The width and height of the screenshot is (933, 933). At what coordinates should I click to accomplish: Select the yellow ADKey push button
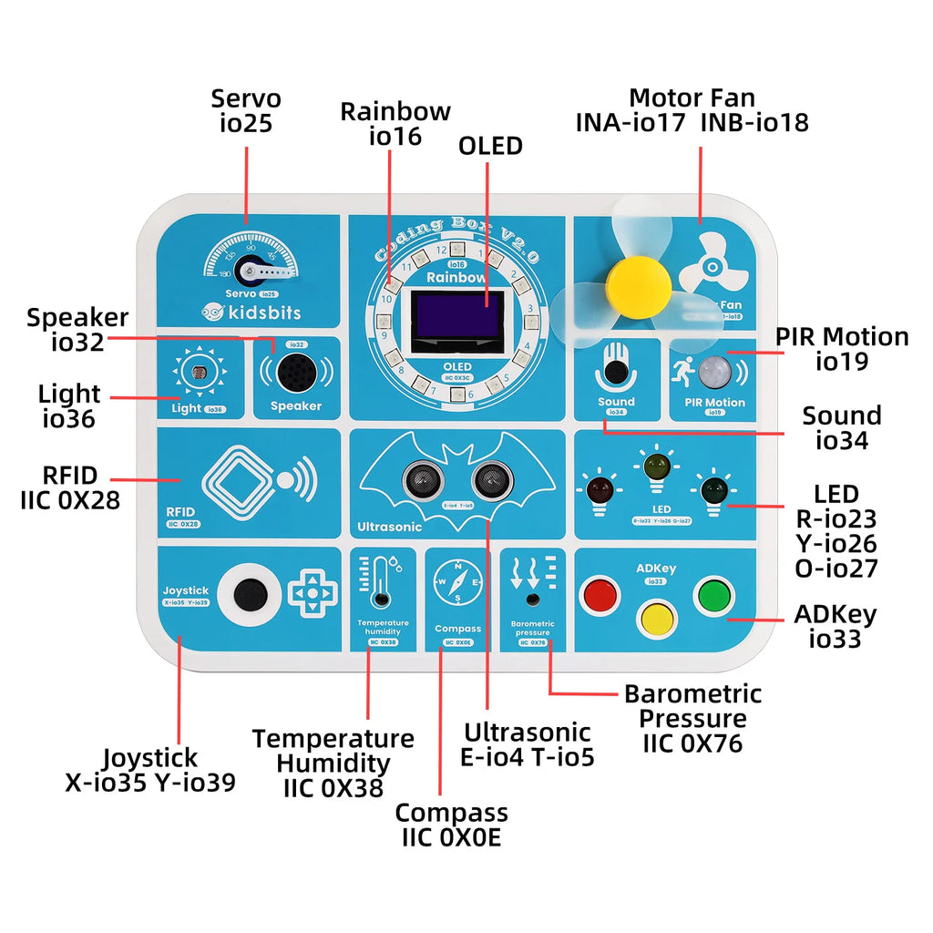[x=657, y=618]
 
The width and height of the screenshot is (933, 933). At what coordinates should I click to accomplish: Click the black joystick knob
[x=250, y=595]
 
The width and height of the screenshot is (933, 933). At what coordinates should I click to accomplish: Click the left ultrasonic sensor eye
[x=420, y=477]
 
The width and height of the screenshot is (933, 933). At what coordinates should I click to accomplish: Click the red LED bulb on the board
[x=600, y=489]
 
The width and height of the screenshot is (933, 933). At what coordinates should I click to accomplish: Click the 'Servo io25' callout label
[x=246, y=110]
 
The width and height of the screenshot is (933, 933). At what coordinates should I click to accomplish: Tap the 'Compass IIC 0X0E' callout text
[x=451, y=825]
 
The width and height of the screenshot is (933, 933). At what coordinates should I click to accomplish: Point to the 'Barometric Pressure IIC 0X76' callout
[x=692, y=718]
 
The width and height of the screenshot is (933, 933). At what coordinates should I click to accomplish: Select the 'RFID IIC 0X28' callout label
[x=70, y=487]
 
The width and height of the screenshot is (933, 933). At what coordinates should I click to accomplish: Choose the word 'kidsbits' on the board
[x=259, y=313]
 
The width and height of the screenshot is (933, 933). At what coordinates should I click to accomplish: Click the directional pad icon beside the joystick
[x=313, y=594]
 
